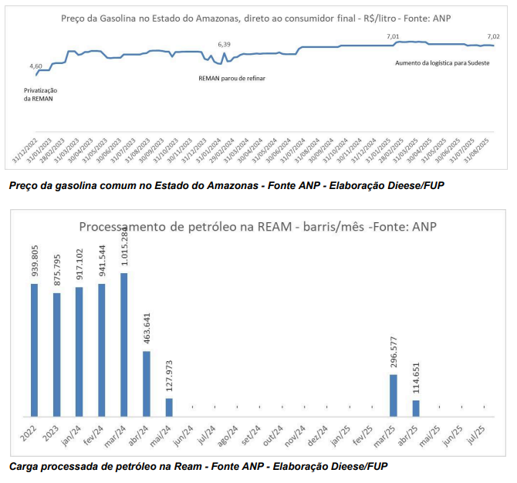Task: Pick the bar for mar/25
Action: [393, 394]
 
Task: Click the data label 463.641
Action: [147, 328]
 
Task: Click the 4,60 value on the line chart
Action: [35, 66]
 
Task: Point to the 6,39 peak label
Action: [224, 45]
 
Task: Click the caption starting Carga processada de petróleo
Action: [198, 466]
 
